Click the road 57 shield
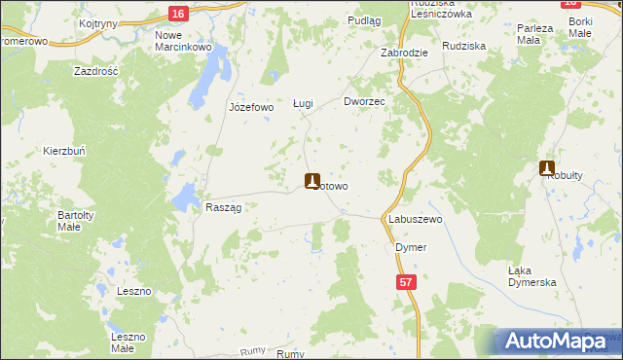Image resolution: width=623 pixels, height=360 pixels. [x=406, y=281]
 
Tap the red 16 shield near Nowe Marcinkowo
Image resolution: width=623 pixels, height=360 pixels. [x=176, y=13]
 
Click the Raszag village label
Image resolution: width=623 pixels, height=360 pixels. [x=223, y=207]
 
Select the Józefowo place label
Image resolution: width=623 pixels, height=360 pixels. [x=250, y=107]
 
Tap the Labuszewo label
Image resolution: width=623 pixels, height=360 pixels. [x=416, y=220]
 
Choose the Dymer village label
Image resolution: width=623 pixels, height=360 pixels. [x=411, y=247]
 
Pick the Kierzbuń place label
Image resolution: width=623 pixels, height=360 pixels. [x=65, y=151]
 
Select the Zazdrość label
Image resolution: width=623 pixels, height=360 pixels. [x=96, y=72]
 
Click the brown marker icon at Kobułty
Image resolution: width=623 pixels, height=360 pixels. [x=547, y=168]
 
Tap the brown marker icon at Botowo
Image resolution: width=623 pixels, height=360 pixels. [x=311, y=181]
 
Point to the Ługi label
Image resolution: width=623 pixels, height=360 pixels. [x=303, y=102]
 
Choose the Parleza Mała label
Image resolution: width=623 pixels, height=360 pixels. [x=535, y=34]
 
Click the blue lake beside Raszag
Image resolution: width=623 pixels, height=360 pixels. [x=182, y=198]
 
